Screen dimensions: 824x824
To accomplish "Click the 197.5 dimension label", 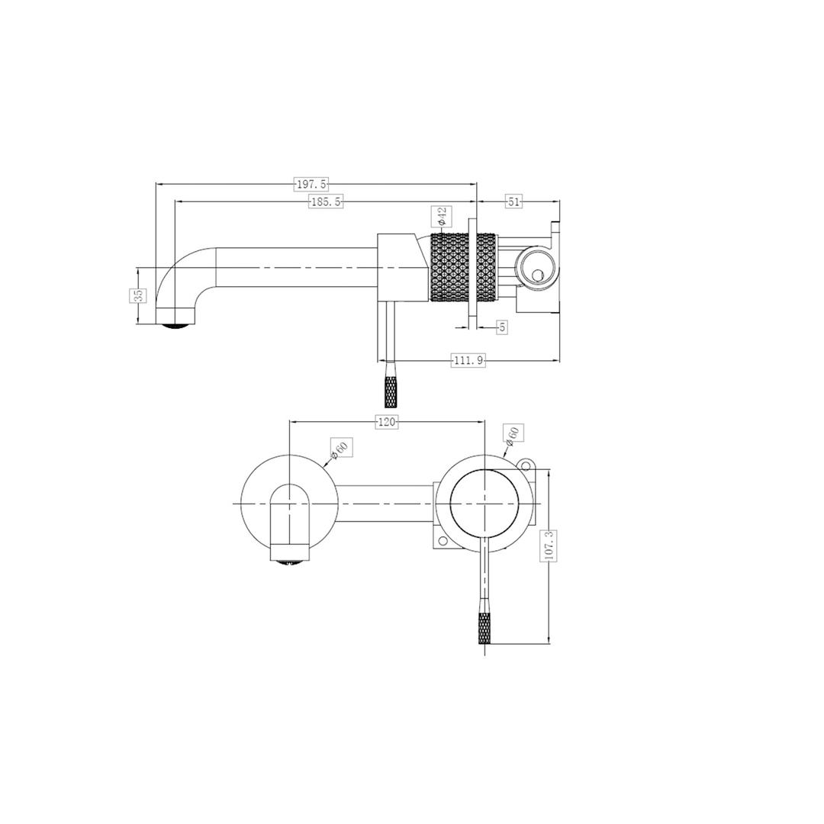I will click(311, 184).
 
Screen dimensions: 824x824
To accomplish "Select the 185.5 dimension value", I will click(326, 201).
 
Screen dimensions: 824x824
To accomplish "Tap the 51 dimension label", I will click(513, 201).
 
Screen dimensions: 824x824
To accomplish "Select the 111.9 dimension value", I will click(468, 361).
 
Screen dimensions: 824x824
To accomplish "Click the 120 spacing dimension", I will click(387, 422).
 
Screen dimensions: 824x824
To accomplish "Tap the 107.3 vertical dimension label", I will click(549, 546).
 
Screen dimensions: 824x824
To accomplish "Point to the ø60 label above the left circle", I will click(340, 450).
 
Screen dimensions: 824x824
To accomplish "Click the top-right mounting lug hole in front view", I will click(525, 464).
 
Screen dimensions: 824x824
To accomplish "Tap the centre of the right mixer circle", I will click(484, 504).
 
